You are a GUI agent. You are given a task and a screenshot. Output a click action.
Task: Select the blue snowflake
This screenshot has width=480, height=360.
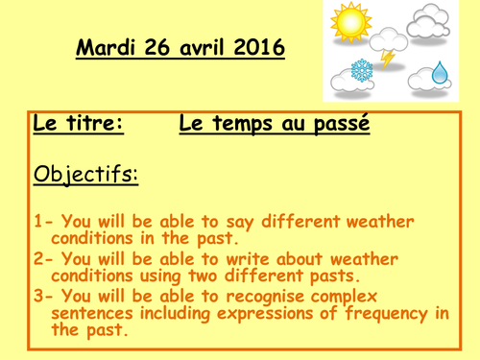(x=361, y=73)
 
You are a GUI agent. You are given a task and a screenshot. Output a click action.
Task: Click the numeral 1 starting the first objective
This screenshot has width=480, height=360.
(x=37, y=222)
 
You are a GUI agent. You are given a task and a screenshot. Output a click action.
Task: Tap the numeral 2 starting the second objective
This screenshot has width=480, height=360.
(x=37, y=259)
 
